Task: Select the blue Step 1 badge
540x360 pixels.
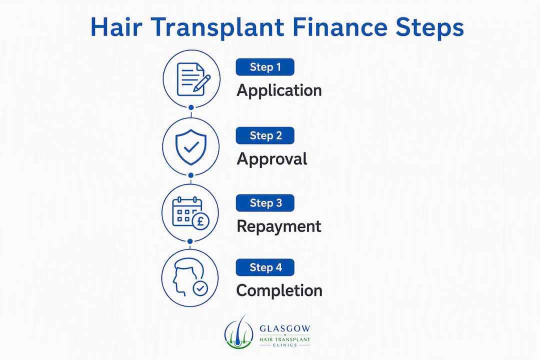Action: pos(265,67)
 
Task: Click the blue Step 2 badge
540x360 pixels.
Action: pos(265,135)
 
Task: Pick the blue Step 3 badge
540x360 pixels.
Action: pos(265,203)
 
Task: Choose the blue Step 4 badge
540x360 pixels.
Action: pos(265,267)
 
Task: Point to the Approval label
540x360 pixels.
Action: pos(272,159)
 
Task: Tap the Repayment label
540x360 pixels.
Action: pos(279,227)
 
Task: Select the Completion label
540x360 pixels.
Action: pos(279,291)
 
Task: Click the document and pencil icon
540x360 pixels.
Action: pos(193,79)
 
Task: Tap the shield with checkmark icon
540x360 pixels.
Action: pos(191,147)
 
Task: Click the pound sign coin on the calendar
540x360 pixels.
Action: pos(200,221)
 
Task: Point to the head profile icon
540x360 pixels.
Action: pos(186,277)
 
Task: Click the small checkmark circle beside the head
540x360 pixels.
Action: pos(200,288)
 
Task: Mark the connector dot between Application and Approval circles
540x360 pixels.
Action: pos(191,107)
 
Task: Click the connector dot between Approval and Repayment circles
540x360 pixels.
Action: pos(191,175)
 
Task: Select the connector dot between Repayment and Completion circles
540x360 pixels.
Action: pos(190,241)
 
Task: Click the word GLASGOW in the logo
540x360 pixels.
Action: pos(285,328)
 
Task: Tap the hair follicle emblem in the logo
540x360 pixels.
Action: pos(239,331)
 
